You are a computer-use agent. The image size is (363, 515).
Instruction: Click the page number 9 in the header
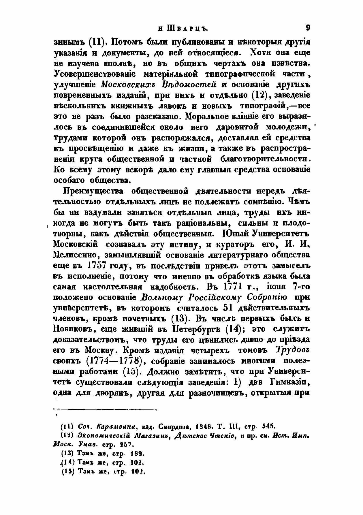point(307,28)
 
